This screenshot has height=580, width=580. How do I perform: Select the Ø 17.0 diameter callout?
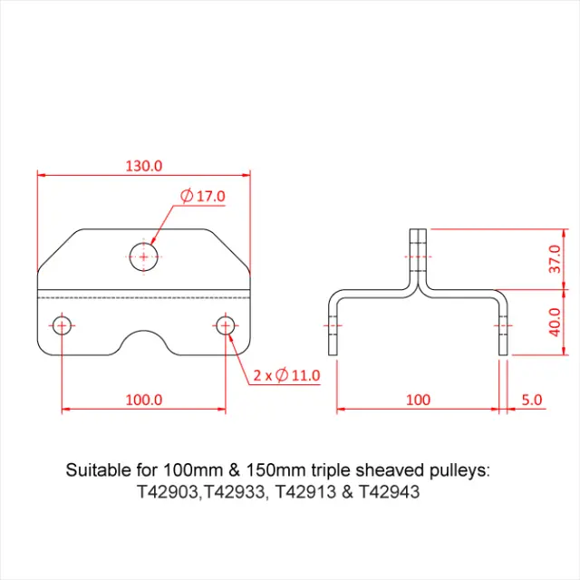tap(203, 196)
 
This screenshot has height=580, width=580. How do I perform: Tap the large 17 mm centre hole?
tap(143, 256)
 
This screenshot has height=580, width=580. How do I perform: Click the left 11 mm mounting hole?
tap(62, 325)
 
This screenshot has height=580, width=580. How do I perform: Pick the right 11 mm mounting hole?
tap(226, 325)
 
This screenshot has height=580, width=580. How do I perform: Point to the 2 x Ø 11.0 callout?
tap(286, 374)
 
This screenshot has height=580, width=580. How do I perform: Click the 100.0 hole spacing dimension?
tap(143, 399)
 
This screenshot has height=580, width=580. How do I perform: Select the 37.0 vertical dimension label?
tap(556, 259)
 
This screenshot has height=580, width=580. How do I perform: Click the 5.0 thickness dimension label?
tap(532, 399)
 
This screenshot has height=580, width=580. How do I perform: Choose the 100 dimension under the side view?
tap(418, 399)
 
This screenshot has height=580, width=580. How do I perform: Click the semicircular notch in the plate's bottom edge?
tap(143, 340)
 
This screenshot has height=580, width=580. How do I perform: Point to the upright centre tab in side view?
tap(418, 254)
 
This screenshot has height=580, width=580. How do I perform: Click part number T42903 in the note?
tap(168, 493)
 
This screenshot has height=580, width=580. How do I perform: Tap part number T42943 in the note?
tap(390, 493)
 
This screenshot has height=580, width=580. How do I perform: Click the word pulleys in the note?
tap(459, 471)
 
